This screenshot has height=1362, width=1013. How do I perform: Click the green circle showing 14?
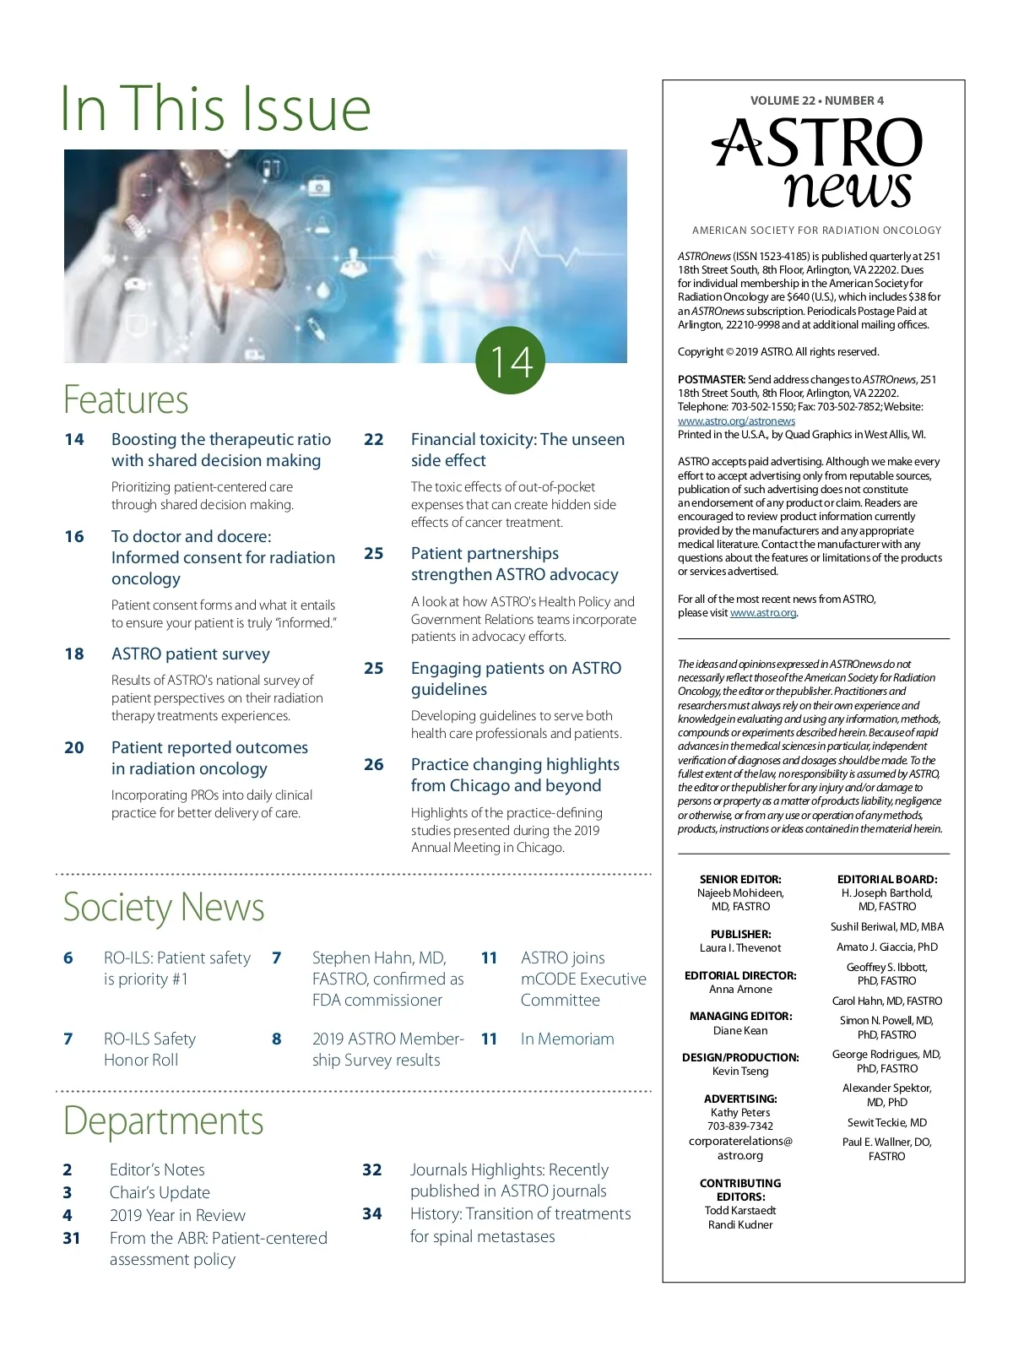click(x=510, y=361)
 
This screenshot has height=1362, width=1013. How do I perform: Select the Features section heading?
click(x=126, y=399)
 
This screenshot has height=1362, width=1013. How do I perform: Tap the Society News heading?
click(x=164, y=907)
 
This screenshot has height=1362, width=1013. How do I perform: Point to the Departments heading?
click(x=163, y=1121)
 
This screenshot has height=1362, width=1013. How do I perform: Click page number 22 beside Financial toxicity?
click(x=373, y=439)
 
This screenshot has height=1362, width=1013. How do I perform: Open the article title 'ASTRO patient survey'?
click(x=191, y=654)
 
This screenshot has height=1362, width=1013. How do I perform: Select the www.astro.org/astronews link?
click(x=736, y=421)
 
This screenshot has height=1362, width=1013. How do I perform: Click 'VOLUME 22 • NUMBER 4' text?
click(x=816, y=100)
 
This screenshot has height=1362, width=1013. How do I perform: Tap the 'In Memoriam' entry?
click(x=567, y=1039)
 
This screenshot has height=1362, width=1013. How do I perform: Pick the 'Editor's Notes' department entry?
click(x=157, y=1169)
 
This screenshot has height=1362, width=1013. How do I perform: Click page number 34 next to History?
click(x=372, y=1213)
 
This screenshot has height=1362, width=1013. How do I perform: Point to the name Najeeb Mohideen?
click(x=739, y=893)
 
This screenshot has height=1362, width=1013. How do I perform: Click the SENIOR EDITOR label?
click(x=739, y=879)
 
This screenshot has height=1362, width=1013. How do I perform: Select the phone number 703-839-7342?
click(x=739, y=1126)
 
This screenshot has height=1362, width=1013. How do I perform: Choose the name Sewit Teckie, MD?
click(x=886, y=1122)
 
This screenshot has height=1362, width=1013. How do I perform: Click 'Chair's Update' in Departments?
click(x=160, y=1192)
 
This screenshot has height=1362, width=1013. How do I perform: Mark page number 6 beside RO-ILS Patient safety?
click(x=68, y=958)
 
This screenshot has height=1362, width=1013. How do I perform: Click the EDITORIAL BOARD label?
click(x=886, y=879)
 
